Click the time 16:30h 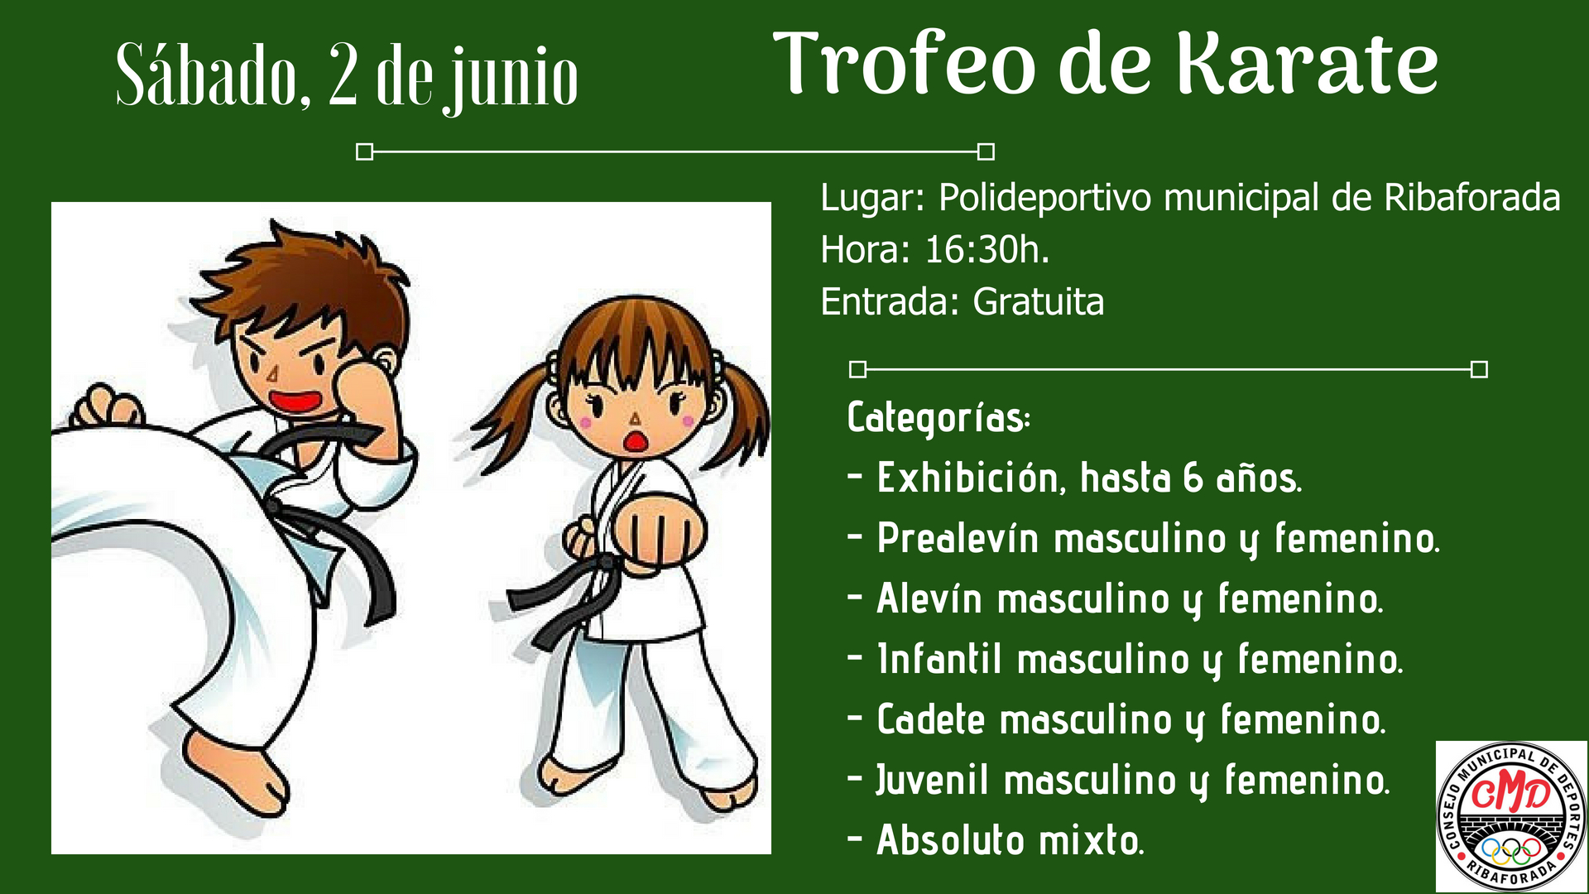pyautogui.click(x=987, y=249)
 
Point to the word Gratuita pyautogui.click(x=1038, y=301)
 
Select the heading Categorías pyautogui.click(x=939, y=418)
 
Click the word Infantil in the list pyautogui.click(x=939, y=659)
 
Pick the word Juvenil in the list pyautogui.click(x=933, y=781)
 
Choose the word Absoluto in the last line pyautogui.click(x=951, y=840)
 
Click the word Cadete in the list pyautogui.click(x=931, y=719)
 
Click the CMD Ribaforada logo pyautogui.click(x=1511, y=816)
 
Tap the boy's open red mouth pyautogui.click(x=295, y=401)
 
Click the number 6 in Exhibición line pyautogui.click(x=1193, y=478)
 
